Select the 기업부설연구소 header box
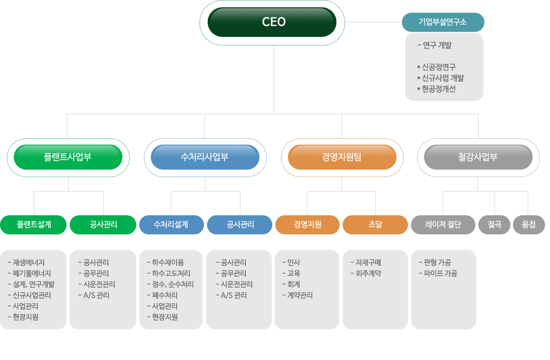point(443,22)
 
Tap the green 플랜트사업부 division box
point(68,157)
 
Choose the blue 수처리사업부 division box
point(205,157)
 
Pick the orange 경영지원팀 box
point(342,157)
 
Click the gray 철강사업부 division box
point(478,157)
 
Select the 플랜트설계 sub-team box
point(34,224)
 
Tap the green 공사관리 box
point(103,224)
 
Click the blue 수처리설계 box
point(171,224)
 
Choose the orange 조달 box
point(375,224)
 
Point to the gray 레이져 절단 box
point(443,224)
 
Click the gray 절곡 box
point(494,224)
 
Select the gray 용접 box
point(529,224)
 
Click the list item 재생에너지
point(29,263)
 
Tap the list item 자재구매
point(368,263)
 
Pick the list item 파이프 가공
point(440,274)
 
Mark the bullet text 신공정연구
point(439,67)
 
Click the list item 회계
point(294,284)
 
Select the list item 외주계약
point(368,274)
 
